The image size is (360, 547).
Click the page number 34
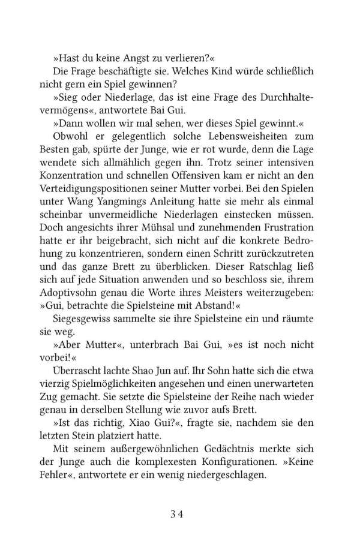tap(179, 513)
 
